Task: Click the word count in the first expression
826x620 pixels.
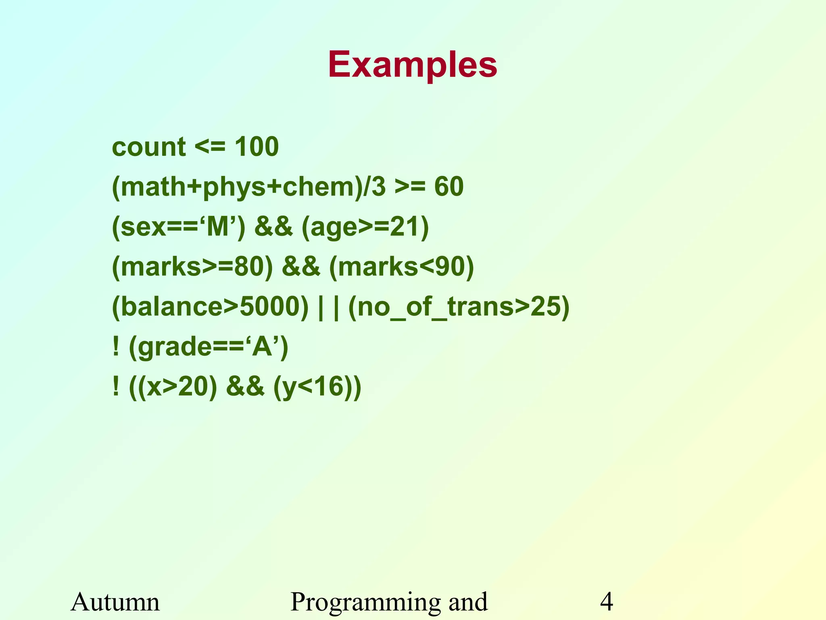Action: [148, 147]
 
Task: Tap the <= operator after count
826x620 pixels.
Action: [210, 147]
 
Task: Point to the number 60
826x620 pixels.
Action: [448, 187]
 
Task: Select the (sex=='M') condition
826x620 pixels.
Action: [178, 227]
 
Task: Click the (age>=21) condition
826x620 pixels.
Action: [365, 227]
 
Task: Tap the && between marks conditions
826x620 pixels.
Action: [301, 267]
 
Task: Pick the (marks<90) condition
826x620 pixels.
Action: [401, 267]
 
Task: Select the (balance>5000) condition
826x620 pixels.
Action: [210, 307]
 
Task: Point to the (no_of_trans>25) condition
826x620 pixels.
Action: [459, 307]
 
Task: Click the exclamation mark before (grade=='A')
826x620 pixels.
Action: [116, 347]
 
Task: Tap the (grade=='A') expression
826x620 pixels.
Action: [209, 348]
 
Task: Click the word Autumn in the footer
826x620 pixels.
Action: [115, 602]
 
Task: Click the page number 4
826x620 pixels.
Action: [607, 602]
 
